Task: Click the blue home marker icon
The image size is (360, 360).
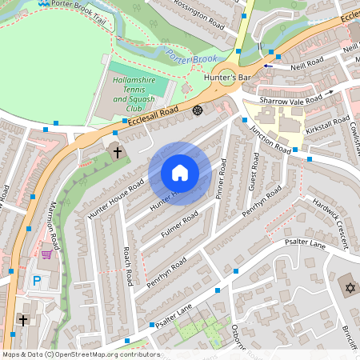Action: point(180,173)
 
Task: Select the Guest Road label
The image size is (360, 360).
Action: point(253,174)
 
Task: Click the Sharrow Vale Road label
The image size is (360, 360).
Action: point(290,99)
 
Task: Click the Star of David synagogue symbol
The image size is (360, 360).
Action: point(348,287)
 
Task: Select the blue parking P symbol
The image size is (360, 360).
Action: point(36,282)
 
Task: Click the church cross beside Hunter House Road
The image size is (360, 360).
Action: point(117,151)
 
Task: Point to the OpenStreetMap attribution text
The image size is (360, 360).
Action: point(80,354)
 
